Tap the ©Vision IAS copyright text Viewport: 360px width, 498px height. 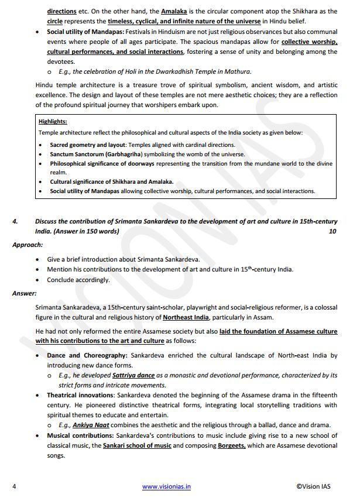pos(317,486)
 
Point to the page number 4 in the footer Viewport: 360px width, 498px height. pos(14,486)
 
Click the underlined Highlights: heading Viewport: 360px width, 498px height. pos(53,122)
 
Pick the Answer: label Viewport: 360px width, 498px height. pos(25,293)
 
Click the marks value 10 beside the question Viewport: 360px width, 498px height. pos(333,231)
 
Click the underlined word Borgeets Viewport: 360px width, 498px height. pos(232,445)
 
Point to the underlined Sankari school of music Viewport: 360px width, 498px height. pos(137,445)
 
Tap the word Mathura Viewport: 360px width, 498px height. pos(236,71)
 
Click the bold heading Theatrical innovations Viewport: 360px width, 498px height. pos(81,395)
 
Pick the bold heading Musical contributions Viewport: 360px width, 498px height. pos(80,435)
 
